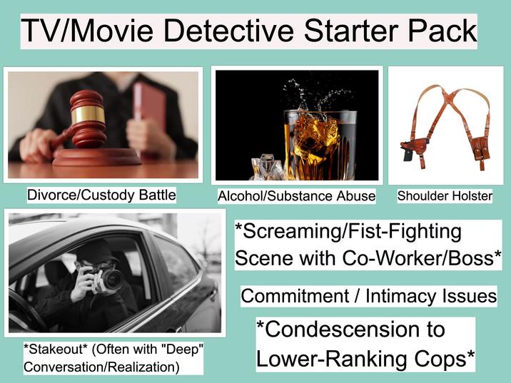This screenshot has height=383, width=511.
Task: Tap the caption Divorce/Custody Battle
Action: click(101, 194)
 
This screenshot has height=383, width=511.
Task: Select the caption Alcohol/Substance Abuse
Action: click(296, 195)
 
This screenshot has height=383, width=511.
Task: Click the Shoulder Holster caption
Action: click(445, 195)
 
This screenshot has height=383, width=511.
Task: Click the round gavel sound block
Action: click(96, 156)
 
